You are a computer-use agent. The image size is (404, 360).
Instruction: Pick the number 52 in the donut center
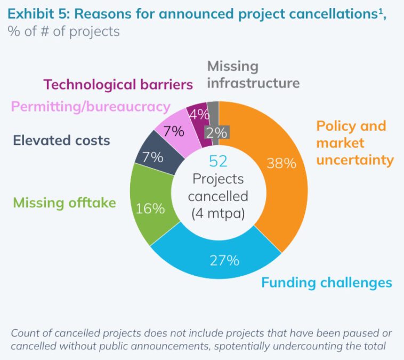pos(218,161)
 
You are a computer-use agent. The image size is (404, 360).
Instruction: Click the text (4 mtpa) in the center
pos(218,214)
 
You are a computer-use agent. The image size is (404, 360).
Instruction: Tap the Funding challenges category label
pos(326,282)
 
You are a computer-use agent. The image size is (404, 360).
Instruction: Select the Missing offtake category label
pos(64,203)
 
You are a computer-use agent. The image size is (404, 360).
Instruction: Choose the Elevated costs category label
pos(61,141)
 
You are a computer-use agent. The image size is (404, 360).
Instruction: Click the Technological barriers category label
pos(118,84)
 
